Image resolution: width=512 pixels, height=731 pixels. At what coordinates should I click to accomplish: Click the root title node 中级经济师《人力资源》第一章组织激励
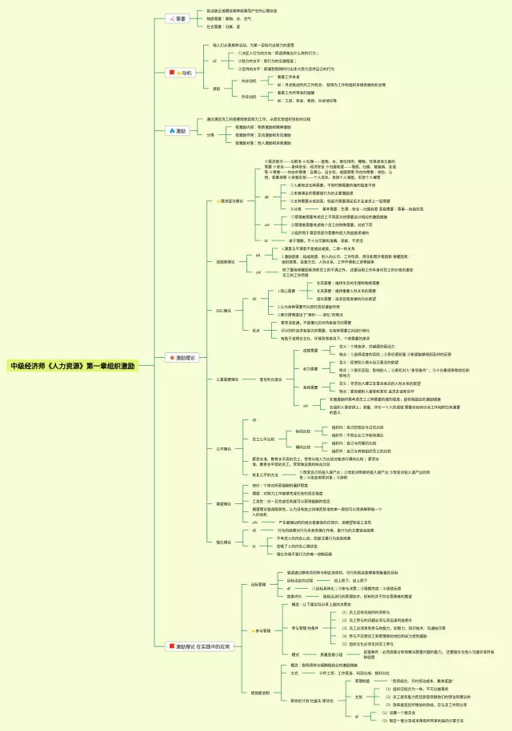click(x=72, y=366)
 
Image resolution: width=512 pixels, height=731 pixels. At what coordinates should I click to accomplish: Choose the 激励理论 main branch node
click(x=181, y=357)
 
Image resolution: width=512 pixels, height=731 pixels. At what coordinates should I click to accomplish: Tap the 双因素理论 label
click(x=226, y=261)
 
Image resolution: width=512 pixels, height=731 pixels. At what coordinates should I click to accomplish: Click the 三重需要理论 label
click(x=228, y=379)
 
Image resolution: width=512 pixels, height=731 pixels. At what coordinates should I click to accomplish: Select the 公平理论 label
click(x=224, y=448)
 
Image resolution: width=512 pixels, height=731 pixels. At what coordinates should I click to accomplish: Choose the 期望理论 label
click(x=224, y=503)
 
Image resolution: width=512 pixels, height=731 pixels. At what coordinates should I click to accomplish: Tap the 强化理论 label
click(x=224, y=542)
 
